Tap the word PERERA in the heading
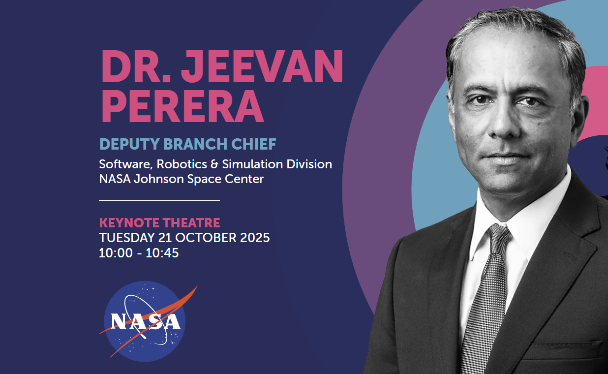point(182,106)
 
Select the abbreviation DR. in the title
point(136,66)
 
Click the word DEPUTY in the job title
point(129,144)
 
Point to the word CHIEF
point(253,144)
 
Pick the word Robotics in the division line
point(182,164)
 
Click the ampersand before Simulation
point(214,164)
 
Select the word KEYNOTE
point(129,223)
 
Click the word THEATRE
point(191,223)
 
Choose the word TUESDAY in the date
point(127,238)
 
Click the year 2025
point(255,238)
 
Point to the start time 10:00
point(116,253)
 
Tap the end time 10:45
point(162,253)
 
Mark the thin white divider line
point(159,200)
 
